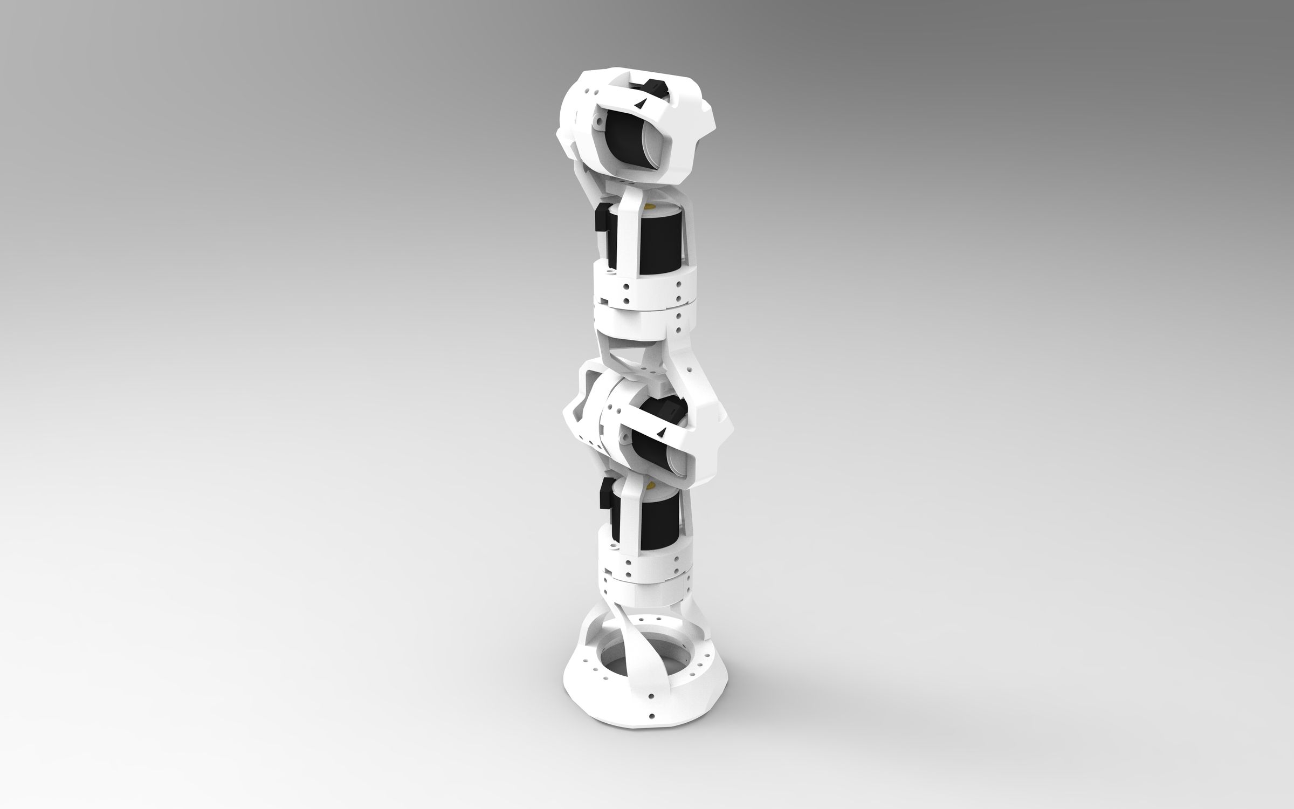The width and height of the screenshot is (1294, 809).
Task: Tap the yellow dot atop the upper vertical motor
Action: (651, 206)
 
